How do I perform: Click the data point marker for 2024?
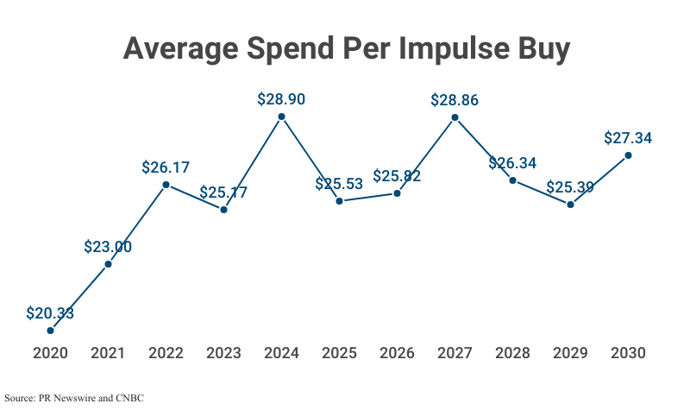(x=281, y=117)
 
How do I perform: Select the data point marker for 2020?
(x=50, y=331)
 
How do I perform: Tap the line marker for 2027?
(x=455, y=117)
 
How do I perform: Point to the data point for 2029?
(x=570, y=205)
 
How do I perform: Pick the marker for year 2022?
(x=166, y=185)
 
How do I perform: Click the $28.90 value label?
(x=281, y=99)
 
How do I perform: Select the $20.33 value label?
(x=50, y=313)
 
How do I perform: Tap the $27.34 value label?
(x=628, y=138)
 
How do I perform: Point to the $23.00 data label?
(x=108, y=247)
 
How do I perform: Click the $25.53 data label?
(x=339, y=184)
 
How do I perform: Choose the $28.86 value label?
(x=455, y=100)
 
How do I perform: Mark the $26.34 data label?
(x=512, y=163)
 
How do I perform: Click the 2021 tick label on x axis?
(x=108, y=353)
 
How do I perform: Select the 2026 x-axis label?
(x=397, y=353)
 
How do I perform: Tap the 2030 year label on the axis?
(x=628, y=353)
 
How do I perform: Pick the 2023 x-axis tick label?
(x=223, y=353)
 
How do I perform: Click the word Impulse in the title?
(x=447, y=49)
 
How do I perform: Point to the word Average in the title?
(x=179, y=49)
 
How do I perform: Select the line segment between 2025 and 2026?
(x=368, y=198)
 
